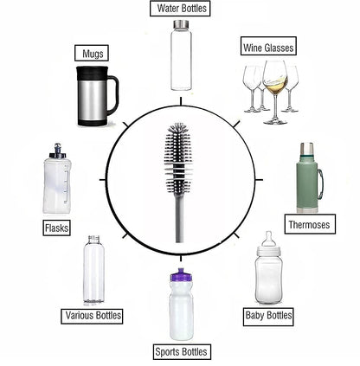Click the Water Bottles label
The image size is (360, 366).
pyautogui.click(x=181, y=9)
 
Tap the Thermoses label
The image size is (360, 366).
pyautogui.click(x=307, y=224)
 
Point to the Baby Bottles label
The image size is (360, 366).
pyautogui.click(x=269, y=315)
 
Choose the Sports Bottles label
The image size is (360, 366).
pyautogui.click(x=180, y=351)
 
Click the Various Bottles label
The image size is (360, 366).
pyautogui.click(x=91, y=315)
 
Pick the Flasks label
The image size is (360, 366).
pyautogui.click(x=55, y=228)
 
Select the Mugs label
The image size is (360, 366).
pyautogui.click(x=93, y=53)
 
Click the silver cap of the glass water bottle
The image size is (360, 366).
pyautogui.click(x=181, y=29)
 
